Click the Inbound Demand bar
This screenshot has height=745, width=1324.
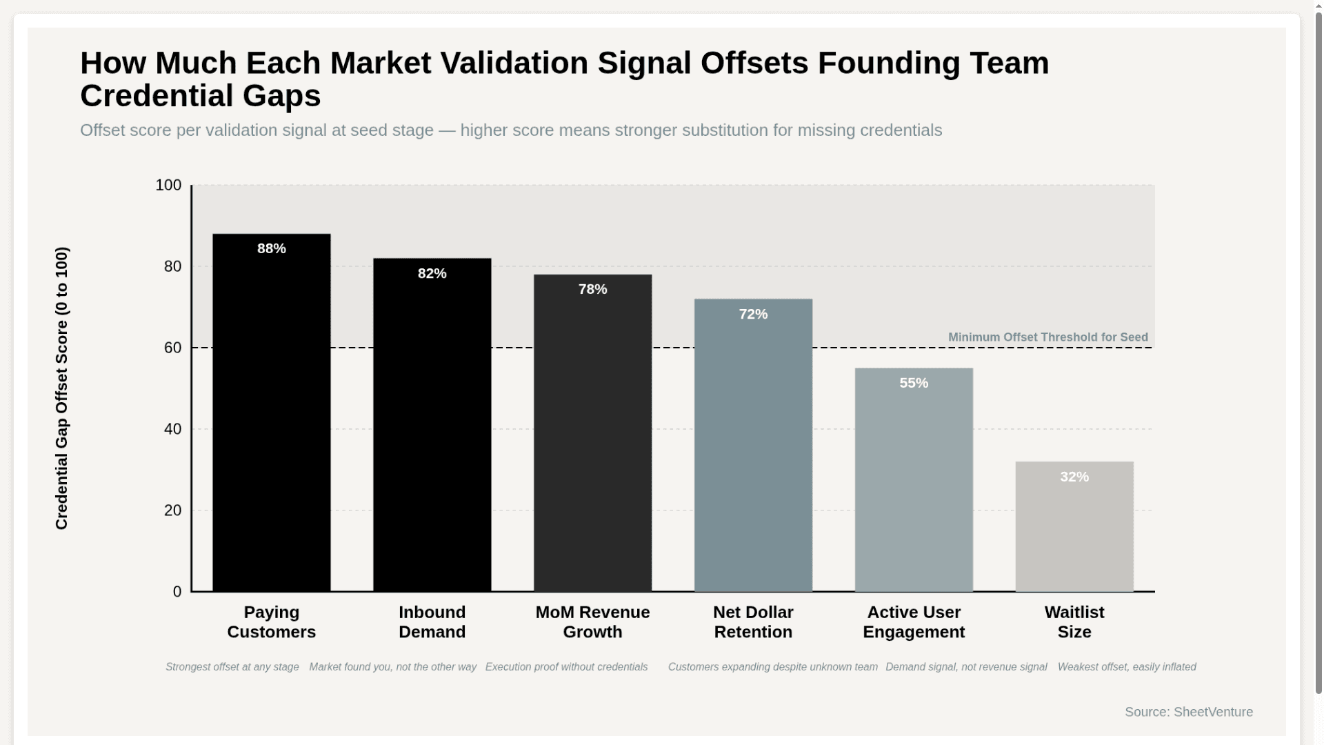coord(432,428)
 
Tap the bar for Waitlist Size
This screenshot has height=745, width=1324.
coord(1074,531)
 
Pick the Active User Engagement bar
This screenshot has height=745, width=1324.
coord(913,483)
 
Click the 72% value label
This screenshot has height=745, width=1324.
coord(753,315)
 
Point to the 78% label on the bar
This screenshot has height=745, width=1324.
coord(592,290)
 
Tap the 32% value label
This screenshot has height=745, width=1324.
coord(1074,477)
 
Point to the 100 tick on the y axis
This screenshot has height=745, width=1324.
coord(168,186)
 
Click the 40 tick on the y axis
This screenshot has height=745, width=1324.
coord(172,429)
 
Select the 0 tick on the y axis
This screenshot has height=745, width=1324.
coord(177,592)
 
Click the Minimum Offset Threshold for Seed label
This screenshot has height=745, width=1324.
coord(1047,337)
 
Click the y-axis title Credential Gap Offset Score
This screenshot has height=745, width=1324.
coord(61,388)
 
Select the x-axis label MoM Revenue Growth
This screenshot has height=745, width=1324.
coord(592,622)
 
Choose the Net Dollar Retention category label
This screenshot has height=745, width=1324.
coord(753,622)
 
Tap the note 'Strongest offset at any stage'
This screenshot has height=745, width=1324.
coord(232,667)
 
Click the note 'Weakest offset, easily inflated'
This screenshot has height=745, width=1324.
coord(1126,667)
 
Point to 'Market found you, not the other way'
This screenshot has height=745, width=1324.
coord(392,667)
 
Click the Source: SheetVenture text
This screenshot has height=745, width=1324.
coord(1188,712)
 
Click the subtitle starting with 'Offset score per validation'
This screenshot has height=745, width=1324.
coord(510,130)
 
